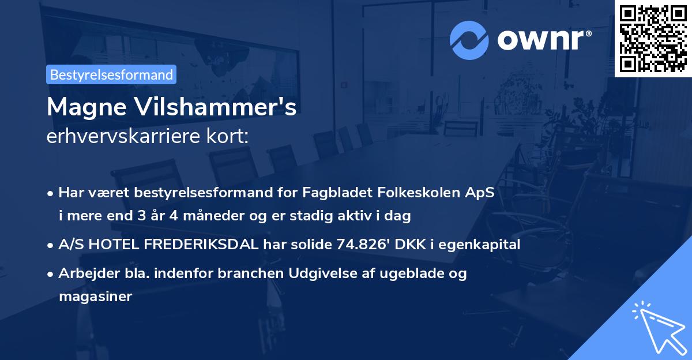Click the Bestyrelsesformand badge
pos(111,74)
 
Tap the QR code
pos(653,38)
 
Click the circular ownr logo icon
pos(469,40)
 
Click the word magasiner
pos(95,297)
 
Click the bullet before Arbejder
pos(51,274)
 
